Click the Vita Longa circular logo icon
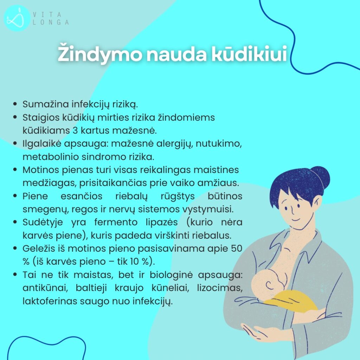coord(17,18)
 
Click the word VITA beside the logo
coord(47,15)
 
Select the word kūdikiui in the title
coord(249,53)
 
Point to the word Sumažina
coord(46,104)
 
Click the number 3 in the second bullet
coord(75,131)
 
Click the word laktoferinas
coord(50,301)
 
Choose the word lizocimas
coord(220,288)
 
